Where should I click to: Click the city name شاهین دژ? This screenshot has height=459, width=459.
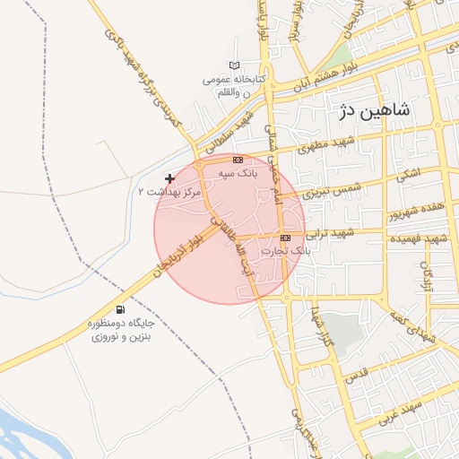tap(375, 111)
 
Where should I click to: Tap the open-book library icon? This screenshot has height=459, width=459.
tap(235, 65)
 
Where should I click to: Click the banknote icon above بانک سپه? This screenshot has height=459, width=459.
tap(238, 159)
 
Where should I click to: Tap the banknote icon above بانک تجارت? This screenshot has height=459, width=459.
tap(286, 238)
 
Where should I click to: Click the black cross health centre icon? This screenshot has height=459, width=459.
tap(170, 179)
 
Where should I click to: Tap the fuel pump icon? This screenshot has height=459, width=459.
tap(120, 309)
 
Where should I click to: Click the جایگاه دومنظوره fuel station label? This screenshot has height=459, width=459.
tap(120, 329)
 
